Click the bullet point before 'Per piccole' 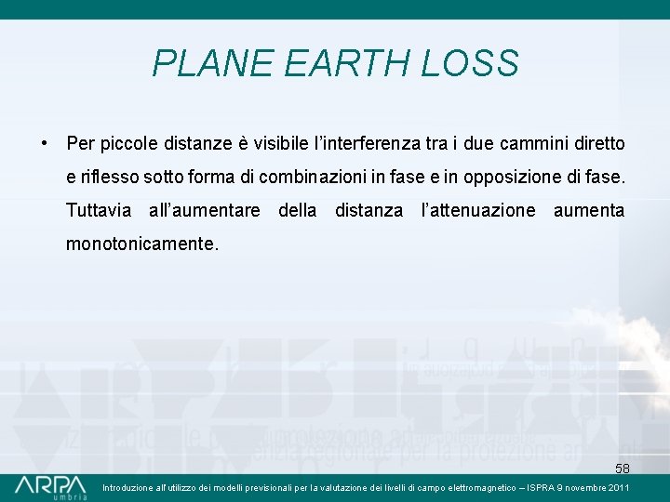coord(44,145)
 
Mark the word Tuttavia coord(99,210)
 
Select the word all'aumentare coord(205,210)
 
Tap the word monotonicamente coord(142,244)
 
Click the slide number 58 coord(622,469)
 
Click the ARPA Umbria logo coord(50,487)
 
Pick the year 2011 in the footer coord(619,487)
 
